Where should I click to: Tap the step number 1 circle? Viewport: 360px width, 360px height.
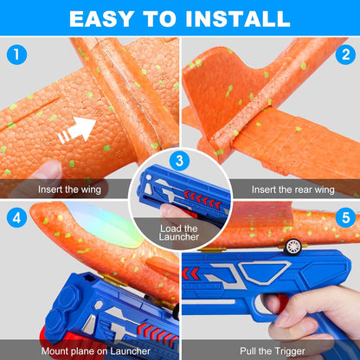(x=16, y=55)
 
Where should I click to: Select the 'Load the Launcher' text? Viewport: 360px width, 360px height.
(x=179, y=235)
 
